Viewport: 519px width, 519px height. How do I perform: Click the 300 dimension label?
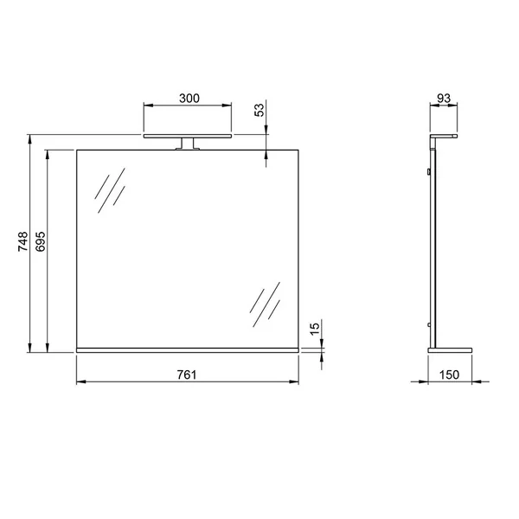(189, 99)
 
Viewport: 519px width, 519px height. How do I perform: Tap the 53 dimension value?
(259, 110)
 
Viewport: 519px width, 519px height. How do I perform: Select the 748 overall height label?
(23, 241)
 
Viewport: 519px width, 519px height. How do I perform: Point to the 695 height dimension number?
(41, 241)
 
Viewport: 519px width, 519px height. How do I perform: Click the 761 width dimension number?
(187, 375)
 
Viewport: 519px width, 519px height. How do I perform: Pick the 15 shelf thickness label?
(315, 329)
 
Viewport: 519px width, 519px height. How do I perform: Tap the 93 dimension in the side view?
(444, 99)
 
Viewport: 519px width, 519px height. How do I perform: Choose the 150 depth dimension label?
(449, 375)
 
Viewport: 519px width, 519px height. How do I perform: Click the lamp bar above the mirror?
(188, 136)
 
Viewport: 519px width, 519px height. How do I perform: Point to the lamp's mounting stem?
(188, 144)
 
